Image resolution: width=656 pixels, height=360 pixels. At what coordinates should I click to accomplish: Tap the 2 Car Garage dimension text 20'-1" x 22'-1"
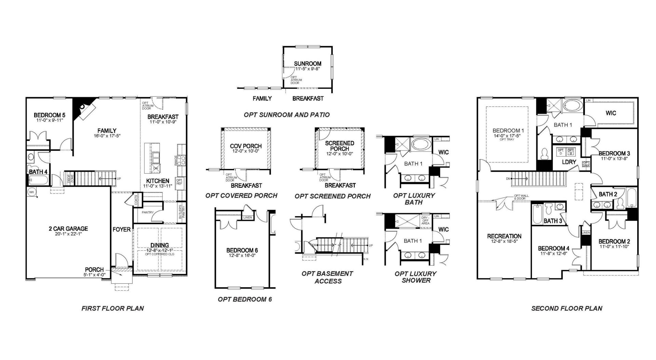pyautogui.click(x=68, y=234)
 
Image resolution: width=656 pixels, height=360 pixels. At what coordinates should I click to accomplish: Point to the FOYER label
pyautogui.click(x=122, y=229)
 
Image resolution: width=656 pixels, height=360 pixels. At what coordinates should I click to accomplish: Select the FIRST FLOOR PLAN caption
pyautogui.click(x=112, y=308)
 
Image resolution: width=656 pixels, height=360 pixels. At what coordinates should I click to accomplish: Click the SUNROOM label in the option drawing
pyautogui.click(x=307, y=64)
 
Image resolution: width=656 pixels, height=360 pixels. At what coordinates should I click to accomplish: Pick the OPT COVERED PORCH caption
pyautogui.click(x=241, y=196)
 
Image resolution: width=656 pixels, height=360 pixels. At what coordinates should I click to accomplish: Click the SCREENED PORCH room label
pyautogui.click(x=339, y=146)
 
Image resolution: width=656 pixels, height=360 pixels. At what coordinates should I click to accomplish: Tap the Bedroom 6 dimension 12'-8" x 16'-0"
pyautogui.click(x=242, y=255)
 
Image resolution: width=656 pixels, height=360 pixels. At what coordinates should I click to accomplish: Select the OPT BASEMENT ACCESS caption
pyautogui.click(x=327, y=277)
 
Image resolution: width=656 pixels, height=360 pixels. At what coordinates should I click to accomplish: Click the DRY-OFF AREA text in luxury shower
pyautogui.click(x=425, y=221)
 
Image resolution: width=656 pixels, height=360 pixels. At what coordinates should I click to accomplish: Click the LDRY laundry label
pyautogui.click(x=569, y=162)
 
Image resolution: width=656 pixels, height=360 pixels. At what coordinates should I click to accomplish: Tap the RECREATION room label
pyautogui.click(x=504, y=236)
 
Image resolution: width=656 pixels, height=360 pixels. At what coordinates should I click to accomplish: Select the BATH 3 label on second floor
pyautogui.click(x=553, y=221)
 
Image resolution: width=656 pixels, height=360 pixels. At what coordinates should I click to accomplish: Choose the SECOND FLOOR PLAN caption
pyautogui.click(x=566, y=308)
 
